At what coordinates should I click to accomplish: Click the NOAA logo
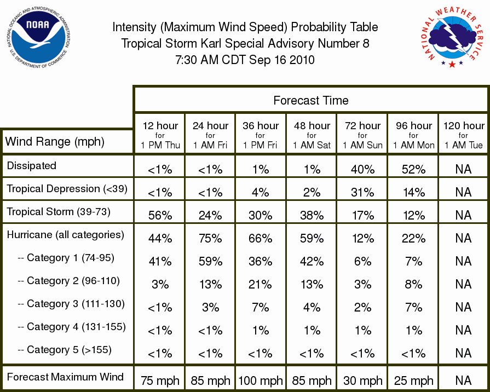(x=38, y=37)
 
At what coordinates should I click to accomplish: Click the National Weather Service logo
(x=452, y=37)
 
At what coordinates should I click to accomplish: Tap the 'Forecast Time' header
(x=310, y=100)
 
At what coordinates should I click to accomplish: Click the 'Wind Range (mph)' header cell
(x=55, y=142)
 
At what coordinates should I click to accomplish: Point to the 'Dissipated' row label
(x=32, y=165)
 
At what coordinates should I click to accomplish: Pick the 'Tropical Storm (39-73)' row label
(x=59, y=212)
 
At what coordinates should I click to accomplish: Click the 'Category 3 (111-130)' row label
(x=72, y=303)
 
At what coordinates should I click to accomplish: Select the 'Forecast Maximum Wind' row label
(x=65, y=377)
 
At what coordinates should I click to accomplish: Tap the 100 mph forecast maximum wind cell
(x=260, y=381)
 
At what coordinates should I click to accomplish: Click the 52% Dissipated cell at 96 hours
(x=413, y=169)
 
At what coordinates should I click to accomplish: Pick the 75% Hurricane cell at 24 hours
(x=210, y=239)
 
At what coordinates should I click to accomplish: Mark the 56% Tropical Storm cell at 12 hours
(x=160, y=215)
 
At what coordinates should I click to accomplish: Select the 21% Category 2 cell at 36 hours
(x=260, y=285)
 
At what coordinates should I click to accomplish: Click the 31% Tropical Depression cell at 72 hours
(x=362, y=192)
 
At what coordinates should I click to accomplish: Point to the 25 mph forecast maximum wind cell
(x=413, y=381)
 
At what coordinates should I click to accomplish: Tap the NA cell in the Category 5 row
(x=463, y=353)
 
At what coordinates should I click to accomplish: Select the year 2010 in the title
(x=302, y=60)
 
